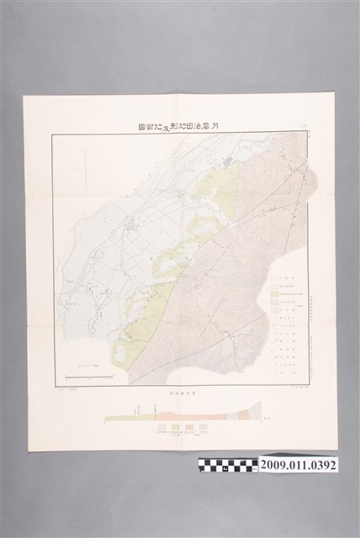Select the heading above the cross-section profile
coord(181,391)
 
